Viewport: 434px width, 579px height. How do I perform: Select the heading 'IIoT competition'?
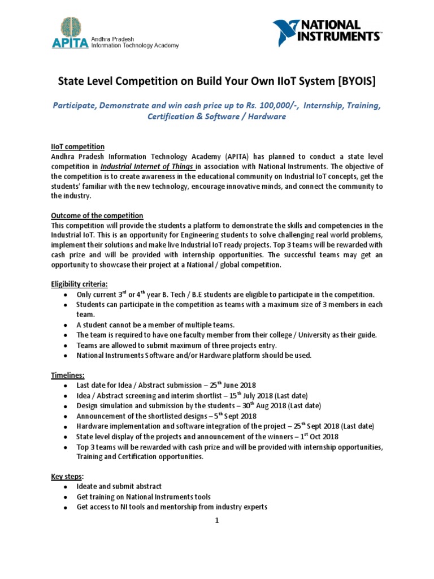[x=77, y=147]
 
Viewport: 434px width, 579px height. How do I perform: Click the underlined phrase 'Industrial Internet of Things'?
[x=148, y=167]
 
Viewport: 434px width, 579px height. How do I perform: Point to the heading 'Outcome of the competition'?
[x=97, y=216]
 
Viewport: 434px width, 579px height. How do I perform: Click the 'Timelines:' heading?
[x=68, y=374]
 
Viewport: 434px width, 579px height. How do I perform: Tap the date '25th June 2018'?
[x=227, y=385]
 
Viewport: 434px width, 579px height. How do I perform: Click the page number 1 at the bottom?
[x=216, y=521]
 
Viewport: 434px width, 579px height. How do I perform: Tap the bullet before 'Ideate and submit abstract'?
[x=67, y=487]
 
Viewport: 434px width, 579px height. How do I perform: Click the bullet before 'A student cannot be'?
[x=67, y=325]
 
